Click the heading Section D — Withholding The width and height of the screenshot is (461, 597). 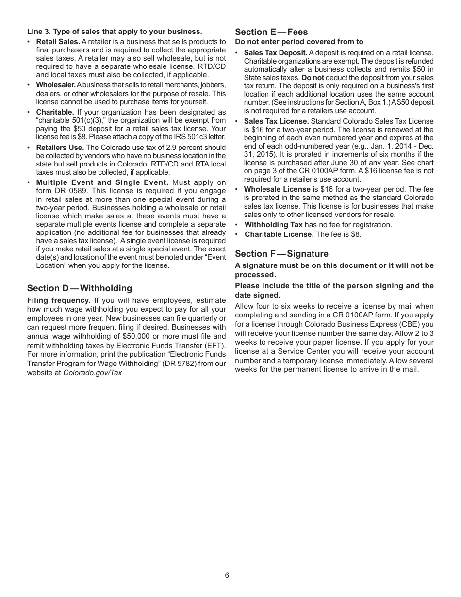pos(80,288)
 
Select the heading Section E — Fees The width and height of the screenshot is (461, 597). pos(271,32)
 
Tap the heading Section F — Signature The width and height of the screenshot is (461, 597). pos(281,254)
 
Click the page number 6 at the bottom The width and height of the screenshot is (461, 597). pos(227,575)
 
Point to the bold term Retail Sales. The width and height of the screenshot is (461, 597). pos(58,42)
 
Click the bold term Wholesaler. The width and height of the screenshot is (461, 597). pos(56,85)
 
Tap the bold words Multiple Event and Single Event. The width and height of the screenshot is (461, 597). pos(102,182)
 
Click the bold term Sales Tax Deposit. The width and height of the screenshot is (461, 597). pos(275,53)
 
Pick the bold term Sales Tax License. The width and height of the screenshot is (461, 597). pos(276,121)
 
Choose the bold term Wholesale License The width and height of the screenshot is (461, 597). pos(277,189)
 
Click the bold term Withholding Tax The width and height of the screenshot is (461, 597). pos(273,225)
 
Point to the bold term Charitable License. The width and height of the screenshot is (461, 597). pos(279,234)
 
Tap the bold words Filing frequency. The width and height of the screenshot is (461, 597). pos(59,300)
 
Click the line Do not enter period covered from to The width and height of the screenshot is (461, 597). pos(299,42)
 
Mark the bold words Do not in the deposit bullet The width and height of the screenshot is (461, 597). pos(313,78)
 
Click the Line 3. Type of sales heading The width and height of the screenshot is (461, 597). pos(115,32)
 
